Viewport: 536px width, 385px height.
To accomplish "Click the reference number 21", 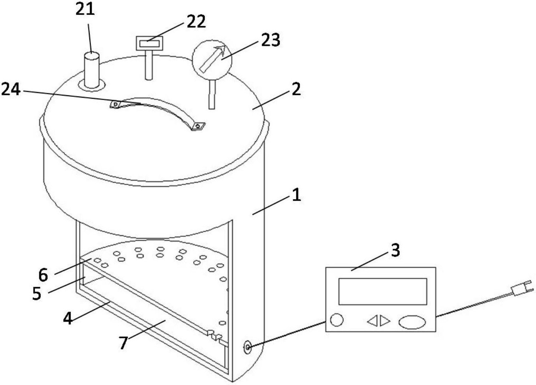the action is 85,9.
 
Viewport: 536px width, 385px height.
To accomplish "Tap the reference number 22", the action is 196,21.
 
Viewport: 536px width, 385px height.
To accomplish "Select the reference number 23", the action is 271,40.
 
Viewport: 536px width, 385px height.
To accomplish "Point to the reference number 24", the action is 11,90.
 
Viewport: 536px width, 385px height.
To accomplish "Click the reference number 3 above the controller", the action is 395,250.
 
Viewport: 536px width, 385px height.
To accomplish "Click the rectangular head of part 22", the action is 149,43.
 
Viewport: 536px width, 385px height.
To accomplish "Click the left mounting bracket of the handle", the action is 116,104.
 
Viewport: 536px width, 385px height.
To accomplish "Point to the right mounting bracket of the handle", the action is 198,126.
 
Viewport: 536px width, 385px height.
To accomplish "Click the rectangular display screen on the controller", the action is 382,291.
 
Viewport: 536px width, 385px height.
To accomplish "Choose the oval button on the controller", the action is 412,322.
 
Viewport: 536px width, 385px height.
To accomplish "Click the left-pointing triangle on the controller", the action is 372,321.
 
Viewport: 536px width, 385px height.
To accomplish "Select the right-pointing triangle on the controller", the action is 385,321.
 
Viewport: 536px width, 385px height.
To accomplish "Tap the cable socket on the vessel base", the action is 247,347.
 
